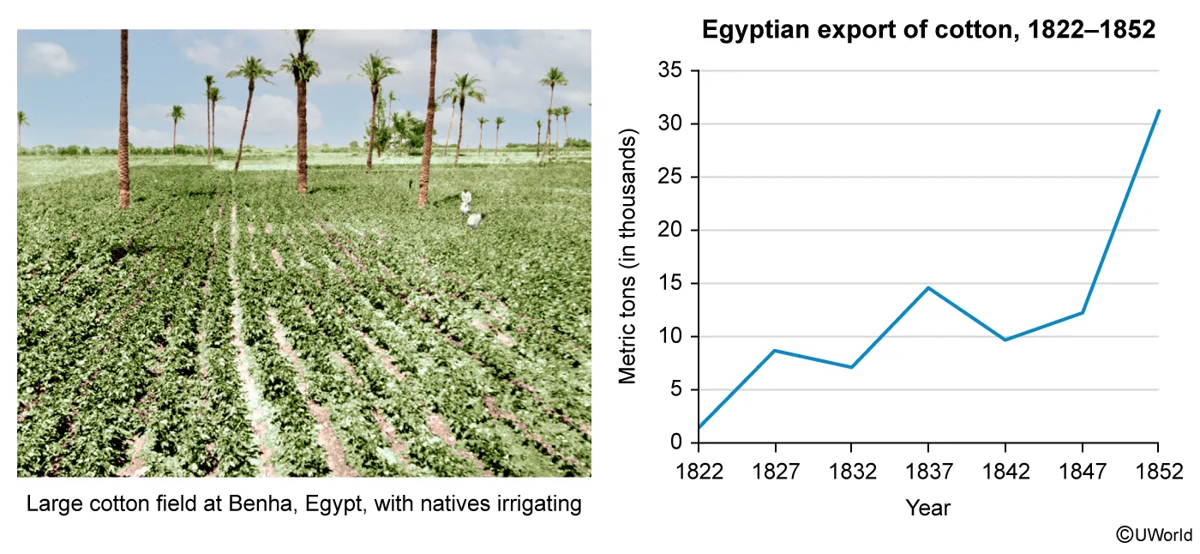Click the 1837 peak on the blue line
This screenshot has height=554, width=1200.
[x=928, y=287]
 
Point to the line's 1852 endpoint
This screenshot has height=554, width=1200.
[x=1159, y=111]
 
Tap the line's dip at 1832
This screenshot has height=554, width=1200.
[x=851, y=367]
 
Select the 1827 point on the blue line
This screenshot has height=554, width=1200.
[x=775, y=351]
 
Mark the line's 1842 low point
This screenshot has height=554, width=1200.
[x=1005, y=340]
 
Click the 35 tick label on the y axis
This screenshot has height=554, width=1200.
[x=669, y=70]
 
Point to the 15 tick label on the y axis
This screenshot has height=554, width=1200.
[x=669, y=283]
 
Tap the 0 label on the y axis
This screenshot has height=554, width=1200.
[x=676, y=442]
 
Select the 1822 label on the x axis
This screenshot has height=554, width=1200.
[x=699, y=472]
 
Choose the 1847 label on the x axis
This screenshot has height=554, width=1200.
[x=1082, y=472]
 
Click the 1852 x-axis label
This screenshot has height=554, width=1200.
[x=1159, y=472]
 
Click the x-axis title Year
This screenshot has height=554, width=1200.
[x=927, y=508]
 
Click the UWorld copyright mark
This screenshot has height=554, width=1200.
[x=1154, y=535]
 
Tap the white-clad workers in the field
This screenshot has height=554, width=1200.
[x=470, y=210]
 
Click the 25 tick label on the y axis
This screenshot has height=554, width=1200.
[x=669, y=177]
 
